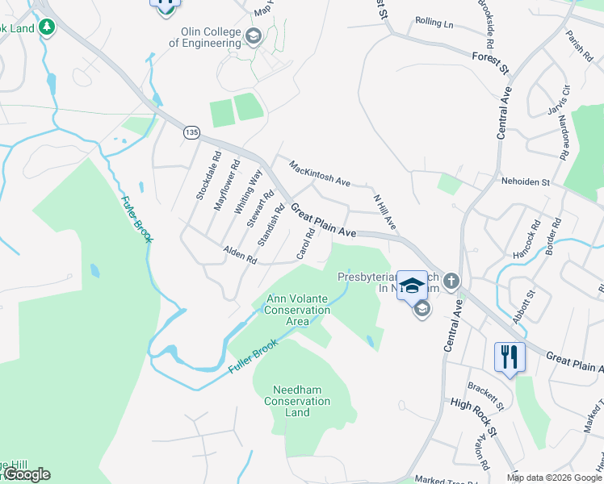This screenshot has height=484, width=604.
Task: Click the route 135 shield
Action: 191,132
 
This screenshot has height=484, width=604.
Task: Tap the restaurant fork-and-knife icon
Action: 510,357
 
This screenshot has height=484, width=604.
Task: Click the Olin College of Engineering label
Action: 211,37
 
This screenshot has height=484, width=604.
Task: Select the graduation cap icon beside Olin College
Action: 254,36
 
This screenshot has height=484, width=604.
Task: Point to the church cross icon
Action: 451,282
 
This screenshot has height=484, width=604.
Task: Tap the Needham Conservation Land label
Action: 297,401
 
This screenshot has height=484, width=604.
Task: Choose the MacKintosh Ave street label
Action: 320,173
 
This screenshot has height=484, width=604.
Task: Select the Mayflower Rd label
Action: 226,186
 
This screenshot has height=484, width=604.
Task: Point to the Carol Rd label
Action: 305,243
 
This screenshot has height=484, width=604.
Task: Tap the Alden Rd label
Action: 240,256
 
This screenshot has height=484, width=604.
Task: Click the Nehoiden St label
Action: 525,182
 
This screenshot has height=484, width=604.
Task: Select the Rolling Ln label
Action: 434,23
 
